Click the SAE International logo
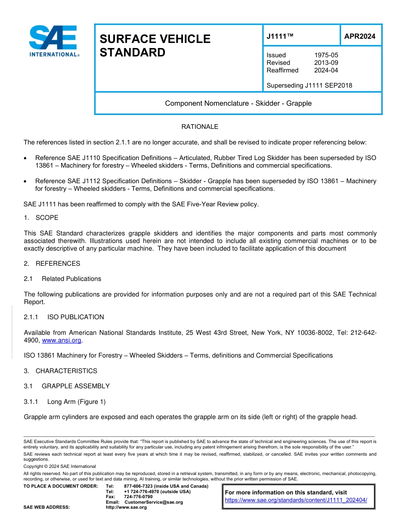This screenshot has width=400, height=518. pyautogui.click(x=53, y=41)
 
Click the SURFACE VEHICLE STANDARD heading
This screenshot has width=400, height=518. pyautogui.click(x=155, y=45)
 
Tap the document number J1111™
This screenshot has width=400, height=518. pyautogui.click(x=280, y=37)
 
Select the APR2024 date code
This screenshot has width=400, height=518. pyautogui.click(x=360, y=37)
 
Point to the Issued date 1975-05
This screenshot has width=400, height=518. pyautogui.click(x=326, y=55)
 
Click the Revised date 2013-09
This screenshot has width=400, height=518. pyautogui.click(x=326, y=63)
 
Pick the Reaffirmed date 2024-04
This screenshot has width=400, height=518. pyautogui.click(x=326, y=70)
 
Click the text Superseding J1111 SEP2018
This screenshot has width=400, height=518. pyautogui.click(x=309, y=85)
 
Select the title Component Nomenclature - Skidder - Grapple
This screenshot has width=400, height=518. pyautogui.click(x=238, y=104)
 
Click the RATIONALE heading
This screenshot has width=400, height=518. pyautogui.click(x=200, y=127)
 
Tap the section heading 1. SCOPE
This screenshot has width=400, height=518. pyautogui.click(x=41, y=218)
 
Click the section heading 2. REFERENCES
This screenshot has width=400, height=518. pyautogui.click(x=52, y=264)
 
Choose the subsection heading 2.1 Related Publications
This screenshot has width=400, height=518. pyautogui.click(x=62, y=279)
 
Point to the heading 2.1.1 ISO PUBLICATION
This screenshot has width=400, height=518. pyautogui.click(x=64, y=317)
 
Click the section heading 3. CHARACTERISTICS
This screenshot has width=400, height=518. pyautogui.click(x=60, y=371)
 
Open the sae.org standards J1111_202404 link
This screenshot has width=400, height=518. pyautogui.click(x=296, y=500)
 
